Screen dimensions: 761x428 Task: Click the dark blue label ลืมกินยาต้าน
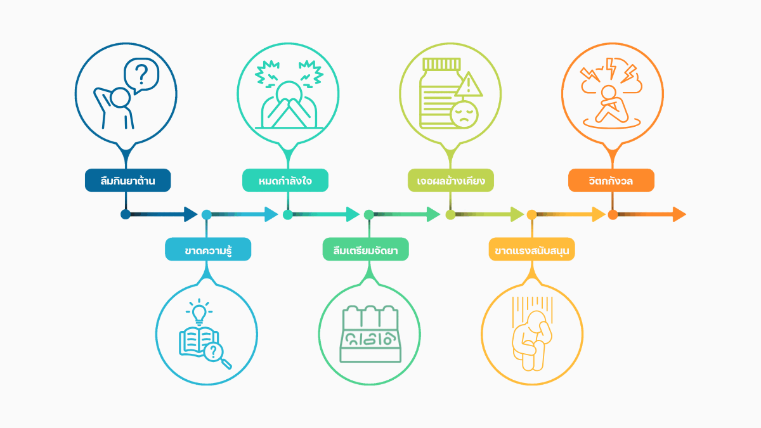point(127,180)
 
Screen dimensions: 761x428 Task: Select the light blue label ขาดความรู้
point(208,249)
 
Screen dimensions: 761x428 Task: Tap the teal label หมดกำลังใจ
point(285,180)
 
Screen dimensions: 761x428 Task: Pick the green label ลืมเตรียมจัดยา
point(365,249)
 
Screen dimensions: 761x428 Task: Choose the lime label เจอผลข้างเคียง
point(451,180)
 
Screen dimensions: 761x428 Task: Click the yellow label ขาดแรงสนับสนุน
point(531,249)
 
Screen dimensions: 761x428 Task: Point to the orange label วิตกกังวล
point(611,180)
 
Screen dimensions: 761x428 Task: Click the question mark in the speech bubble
point(141,74)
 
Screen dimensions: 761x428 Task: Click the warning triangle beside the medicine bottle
point(469,84)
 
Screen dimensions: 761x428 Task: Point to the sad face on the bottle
point(464,115)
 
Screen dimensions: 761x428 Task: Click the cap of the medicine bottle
point(441,64)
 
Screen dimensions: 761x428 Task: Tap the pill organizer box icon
point(370,334)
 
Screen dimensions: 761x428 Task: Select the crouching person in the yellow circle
point(532,340)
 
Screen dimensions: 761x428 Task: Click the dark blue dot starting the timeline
point(126,214)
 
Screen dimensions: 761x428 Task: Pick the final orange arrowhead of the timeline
point(679,214)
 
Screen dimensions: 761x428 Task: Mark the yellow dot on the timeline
point(531,215)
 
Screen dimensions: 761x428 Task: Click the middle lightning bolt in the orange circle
point(611,68)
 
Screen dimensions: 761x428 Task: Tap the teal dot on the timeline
point(288,215)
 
